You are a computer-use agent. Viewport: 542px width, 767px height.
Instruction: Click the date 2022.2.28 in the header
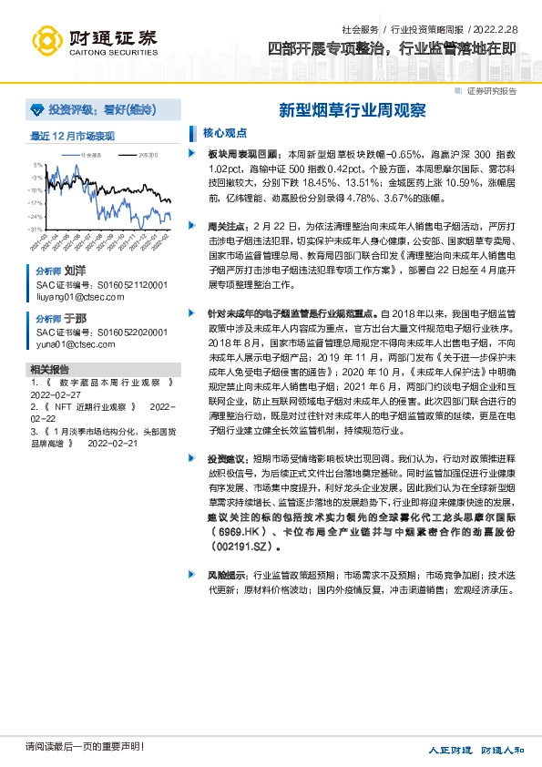(x=501, y=30)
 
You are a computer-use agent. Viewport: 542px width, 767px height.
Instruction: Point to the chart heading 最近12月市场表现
(x=73, y=136)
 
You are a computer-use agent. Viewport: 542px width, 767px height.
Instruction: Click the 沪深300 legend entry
(x=148, y=156)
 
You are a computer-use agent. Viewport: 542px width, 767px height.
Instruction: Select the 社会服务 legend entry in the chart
(x=88, y=156)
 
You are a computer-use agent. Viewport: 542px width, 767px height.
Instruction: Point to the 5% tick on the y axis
(x=38, y=166)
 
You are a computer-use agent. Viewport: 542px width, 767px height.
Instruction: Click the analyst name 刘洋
(x=75, y=271)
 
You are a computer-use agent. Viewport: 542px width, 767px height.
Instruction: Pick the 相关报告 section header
(x=49, y=370)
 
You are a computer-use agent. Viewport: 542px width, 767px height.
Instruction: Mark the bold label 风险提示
(x=225, y=576)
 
